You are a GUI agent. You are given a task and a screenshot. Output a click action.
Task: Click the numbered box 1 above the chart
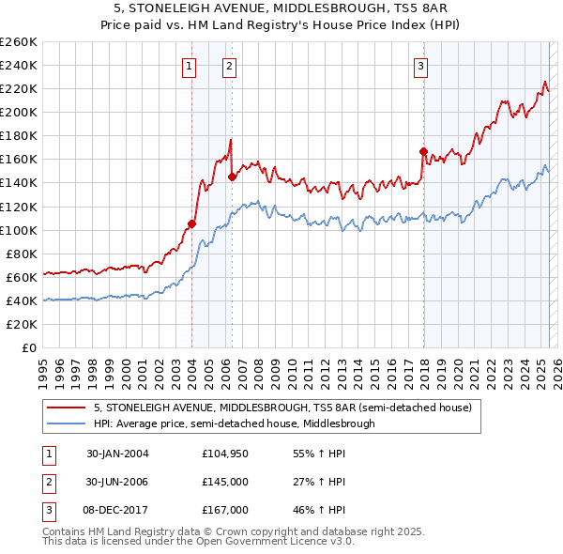pos(190,66)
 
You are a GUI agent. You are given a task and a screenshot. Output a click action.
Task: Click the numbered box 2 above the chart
pos(229,66)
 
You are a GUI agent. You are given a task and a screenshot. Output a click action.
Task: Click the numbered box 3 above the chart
pos(421,66)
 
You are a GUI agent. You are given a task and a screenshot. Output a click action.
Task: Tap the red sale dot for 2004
pos(191,223)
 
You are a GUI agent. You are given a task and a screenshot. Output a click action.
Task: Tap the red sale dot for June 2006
pos(232,176)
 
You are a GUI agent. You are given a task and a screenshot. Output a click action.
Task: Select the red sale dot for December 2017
pos(423,151)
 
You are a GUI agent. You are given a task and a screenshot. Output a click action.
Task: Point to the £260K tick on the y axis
pos(20,42)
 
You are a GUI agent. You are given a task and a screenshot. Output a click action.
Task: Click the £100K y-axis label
pos(20,230)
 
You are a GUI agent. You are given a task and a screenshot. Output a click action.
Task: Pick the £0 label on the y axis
pos(29,347)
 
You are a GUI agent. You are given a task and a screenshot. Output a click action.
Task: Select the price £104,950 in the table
pos(223,454)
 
